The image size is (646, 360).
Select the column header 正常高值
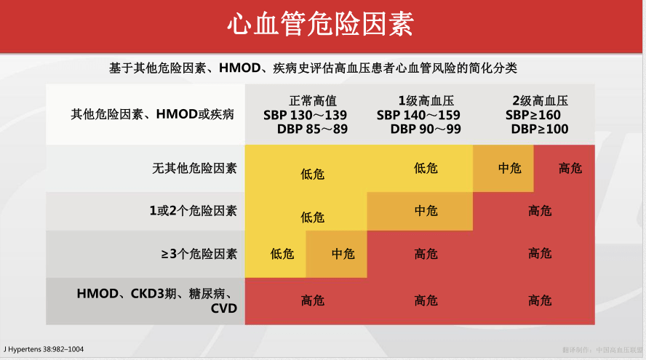pos(313,101)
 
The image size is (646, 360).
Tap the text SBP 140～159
pos(418,116)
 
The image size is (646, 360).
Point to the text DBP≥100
pos(539,129)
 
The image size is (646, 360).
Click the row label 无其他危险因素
pos(194,168)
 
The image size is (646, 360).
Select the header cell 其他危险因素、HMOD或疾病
pos(152,115)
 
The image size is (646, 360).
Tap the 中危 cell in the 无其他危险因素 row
pos(509,168)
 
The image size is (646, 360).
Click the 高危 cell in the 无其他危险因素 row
pos(570,168)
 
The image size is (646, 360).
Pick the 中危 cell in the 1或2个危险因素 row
pos(426,211)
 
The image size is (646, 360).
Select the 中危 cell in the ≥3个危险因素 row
pos(343,254)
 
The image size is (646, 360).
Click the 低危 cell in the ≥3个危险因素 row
pos(282,254)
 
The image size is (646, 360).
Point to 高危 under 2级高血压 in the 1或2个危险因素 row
pos(540,211)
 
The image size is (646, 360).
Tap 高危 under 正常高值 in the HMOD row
pos(313,300)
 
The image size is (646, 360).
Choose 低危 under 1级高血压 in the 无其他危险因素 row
pos(426,168)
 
